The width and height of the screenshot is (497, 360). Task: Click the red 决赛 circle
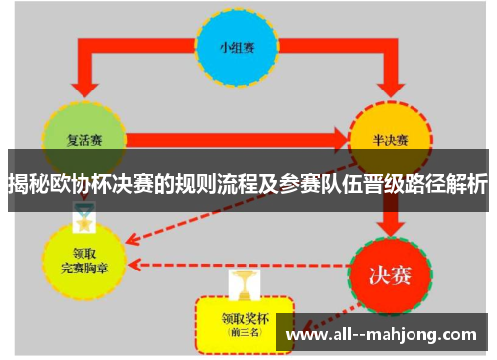pyautogui.click(x=389, y=271)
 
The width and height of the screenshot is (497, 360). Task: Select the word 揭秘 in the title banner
pyautogui.click(x=29, y=184)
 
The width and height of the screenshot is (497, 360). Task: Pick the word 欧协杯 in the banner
pyautogui.click(x=89, y=184)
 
